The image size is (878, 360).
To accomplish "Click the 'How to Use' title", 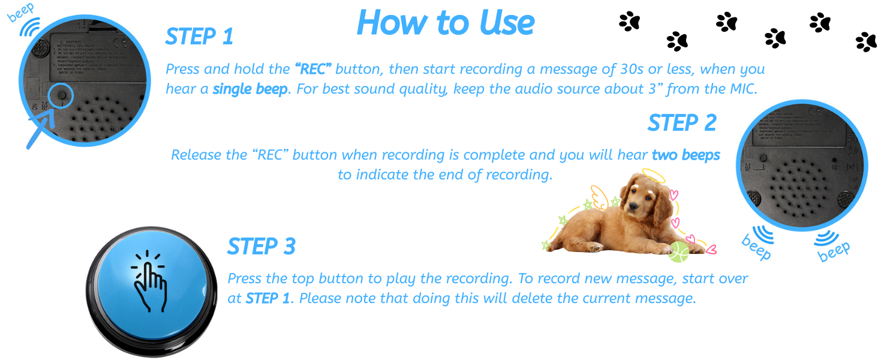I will pos(445,23).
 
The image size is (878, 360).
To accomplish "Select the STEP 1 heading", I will pos(199,37).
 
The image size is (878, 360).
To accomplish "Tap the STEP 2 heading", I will pos(682,123).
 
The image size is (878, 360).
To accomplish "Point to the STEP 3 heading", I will pos(261,247).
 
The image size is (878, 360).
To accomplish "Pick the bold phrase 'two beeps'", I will pos(685,155).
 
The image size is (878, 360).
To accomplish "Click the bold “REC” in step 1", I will pos(312,69).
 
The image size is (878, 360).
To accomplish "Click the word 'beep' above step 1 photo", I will pos(21,12).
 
